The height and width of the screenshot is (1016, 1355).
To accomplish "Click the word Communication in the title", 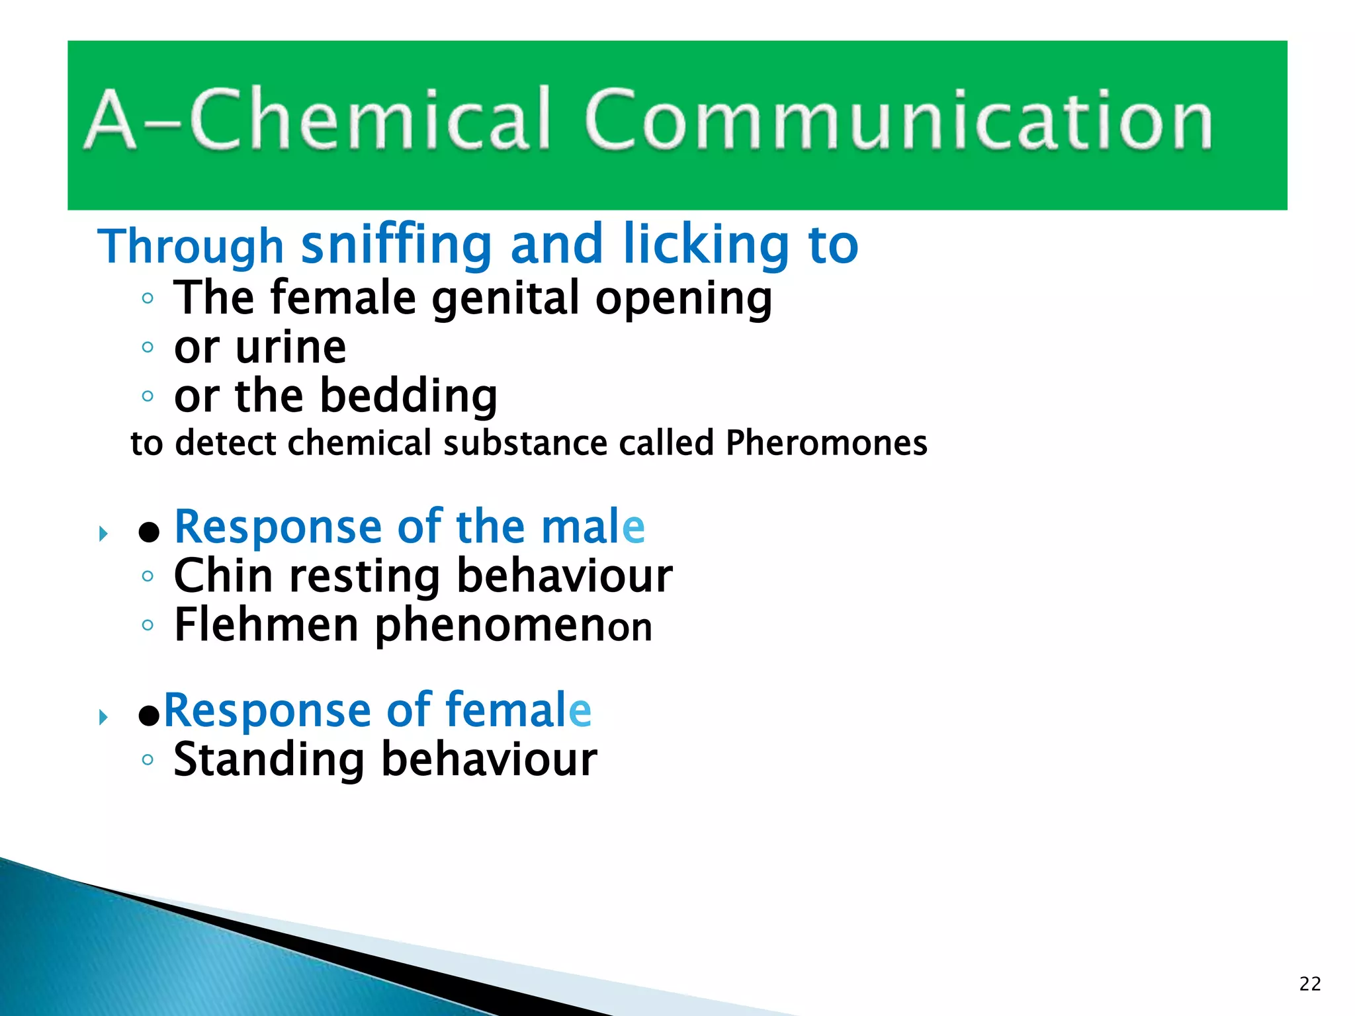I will (898, 120).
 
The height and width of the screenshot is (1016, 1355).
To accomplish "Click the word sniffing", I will (396, 245).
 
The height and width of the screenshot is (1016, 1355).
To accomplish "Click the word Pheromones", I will (826, 443).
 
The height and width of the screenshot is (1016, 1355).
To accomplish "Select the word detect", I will (225, 443).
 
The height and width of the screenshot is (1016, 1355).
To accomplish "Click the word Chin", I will (223, 575).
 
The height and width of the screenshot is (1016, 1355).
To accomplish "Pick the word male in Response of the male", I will (593, 527).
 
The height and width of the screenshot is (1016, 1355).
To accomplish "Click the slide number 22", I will (1310, 984).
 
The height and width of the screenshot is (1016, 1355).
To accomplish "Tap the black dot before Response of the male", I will (149, 532).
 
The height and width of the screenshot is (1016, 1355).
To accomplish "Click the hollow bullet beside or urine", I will (148, 347).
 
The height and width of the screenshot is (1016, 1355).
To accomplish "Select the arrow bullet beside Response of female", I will (103, 717).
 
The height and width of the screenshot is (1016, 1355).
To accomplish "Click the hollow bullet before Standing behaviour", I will (148, 760).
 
